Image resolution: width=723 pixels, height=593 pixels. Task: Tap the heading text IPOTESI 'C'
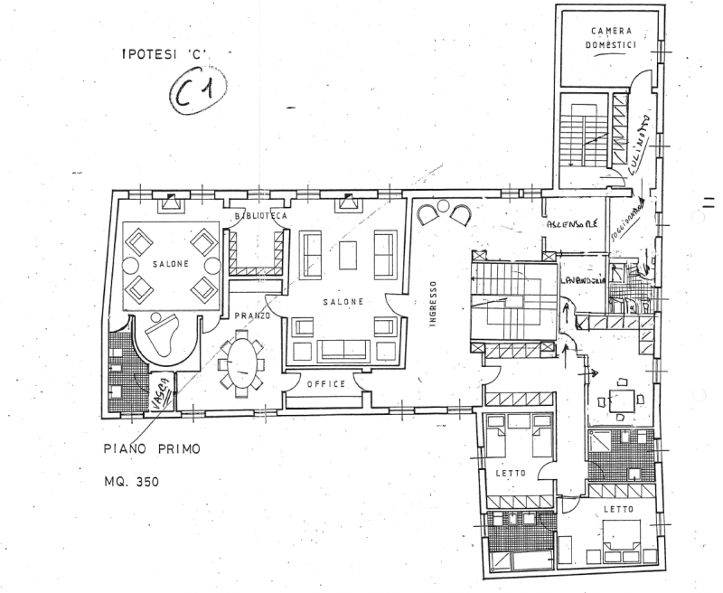pos(164,53)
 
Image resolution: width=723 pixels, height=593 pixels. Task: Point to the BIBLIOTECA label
pos(259,217)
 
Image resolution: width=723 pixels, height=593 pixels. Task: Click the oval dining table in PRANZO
pos(241,360)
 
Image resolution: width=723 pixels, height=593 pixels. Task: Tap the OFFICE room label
pos(325,384)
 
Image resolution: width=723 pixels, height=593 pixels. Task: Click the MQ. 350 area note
pos(132,482)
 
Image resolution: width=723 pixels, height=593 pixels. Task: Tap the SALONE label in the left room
pos(170,264)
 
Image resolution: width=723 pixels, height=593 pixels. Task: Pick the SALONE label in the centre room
pos(345,301)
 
